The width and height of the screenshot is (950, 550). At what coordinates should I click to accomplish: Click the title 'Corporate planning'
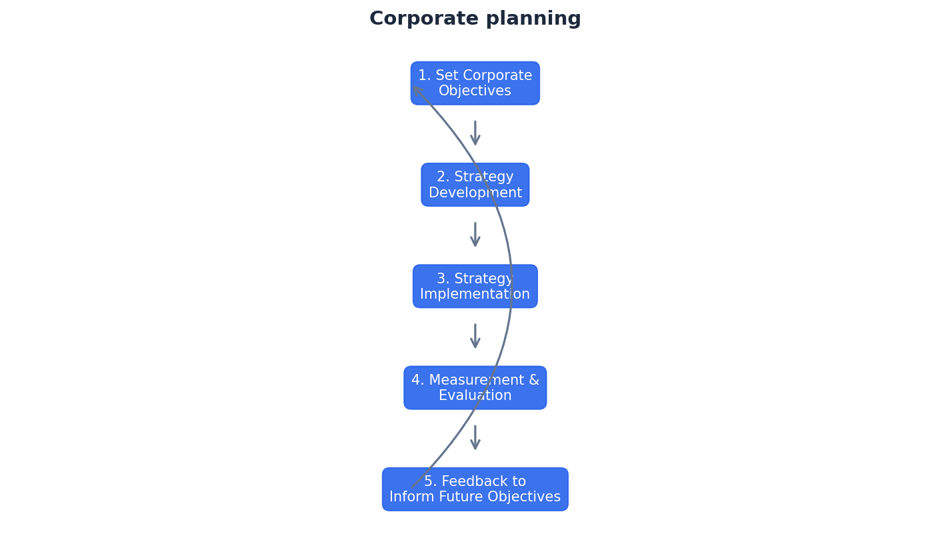[475, 19]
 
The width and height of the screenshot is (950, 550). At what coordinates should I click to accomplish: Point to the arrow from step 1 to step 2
[475, 133]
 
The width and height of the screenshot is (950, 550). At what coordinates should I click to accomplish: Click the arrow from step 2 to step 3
[475, 235]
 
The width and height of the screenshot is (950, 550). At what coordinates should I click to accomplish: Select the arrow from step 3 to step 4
[475, 336]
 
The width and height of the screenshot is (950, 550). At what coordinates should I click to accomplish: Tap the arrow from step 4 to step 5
[475, 437]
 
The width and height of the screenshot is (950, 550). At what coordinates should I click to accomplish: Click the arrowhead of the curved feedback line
[415, 89]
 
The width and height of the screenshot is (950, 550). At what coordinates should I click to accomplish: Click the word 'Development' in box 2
[475, 193]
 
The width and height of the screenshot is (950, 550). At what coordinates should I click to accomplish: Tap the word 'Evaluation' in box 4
[475, 396]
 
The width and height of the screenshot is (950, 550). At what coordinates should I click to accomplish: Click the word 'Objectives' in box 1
[475, 91]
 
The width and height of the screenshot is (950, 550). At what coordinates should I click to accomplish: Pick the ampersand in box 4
[533, 381]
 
